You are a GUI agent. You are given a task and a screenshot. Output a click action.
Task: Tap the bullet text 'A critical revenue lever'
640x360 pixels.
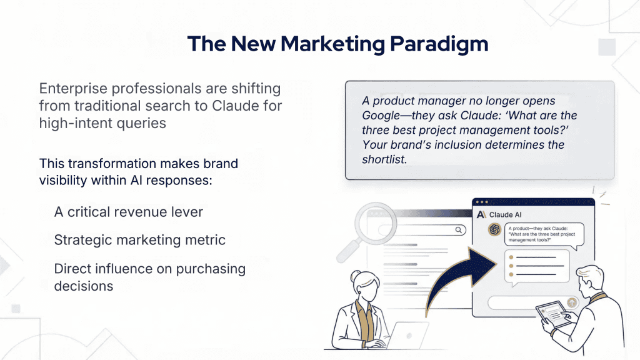129,212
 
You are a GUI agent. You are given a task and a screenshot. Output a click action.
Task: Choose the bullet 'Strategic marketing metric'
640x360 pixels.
140,240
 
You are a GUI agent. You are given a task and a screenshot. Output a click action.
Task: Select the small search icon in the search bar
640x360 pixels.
459,230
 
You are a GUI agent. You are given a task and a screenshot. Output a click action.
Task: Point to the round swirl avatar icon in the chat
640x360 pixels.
494,229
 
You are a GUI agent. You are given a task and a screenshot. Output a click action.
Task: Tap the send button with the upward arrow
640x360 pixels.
572,302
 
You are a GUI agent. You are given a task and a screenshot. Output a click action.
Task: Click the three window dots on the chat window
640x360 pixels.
481,201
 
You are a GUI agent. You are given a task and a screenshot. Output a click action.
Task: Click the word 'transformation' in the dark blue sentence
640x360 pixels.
109,164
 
